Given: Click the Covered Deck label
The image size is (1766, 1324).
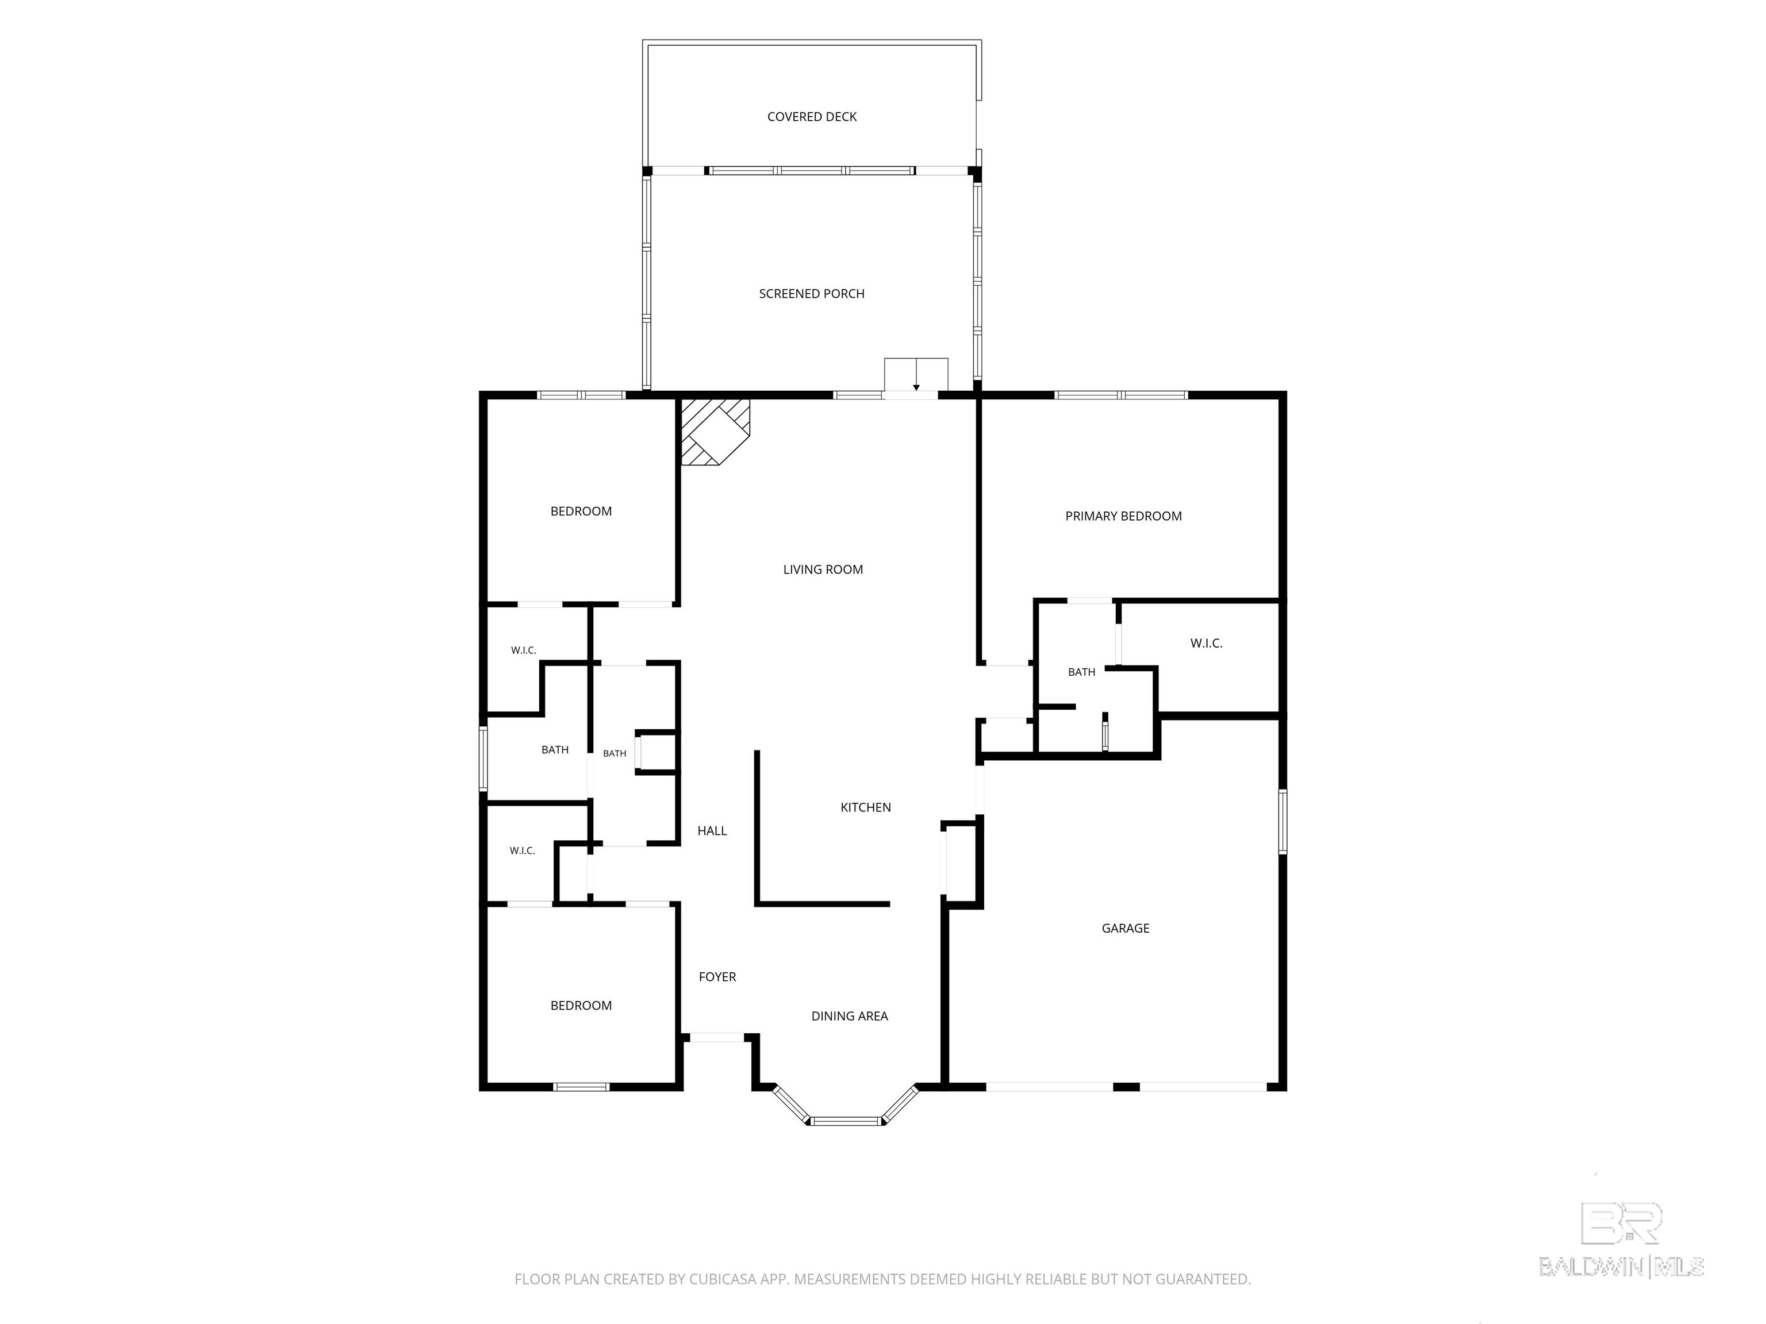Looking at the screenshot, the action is [812, 117].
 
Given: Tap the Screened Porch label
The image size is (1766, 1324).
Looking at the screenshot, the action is [811, 294].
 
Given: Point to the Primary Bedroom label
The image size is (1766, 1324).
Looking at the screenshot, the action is [1123, 517].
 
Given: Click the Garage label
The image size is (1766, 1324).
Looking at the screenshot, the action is [1126, 928].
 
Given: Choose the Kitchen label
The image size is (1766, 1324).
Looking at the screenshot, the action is [865, 807].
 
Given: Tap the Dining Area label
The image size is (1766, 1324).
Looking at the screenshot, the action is [850, 1016].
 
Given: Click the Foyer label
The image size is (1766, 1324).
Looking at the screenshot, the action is [717, 977].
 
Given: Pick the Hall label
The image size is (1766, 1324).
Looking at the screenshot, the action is [712, 831].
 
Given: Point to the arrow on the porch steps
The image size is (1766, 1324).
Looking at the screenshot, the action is [916, 375].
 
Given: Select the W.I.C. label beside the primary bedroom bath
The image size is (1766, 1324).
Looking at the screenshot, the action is [1206, 643].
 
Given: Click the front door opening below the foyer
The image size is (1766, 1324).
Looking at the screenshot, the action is [717, 1037].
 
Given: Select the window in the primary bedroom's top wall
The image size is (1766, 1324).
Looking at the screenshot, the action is [1121, 395].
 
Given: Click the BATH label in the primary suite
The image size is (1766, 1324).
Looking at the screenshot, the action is [1082, 672].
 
